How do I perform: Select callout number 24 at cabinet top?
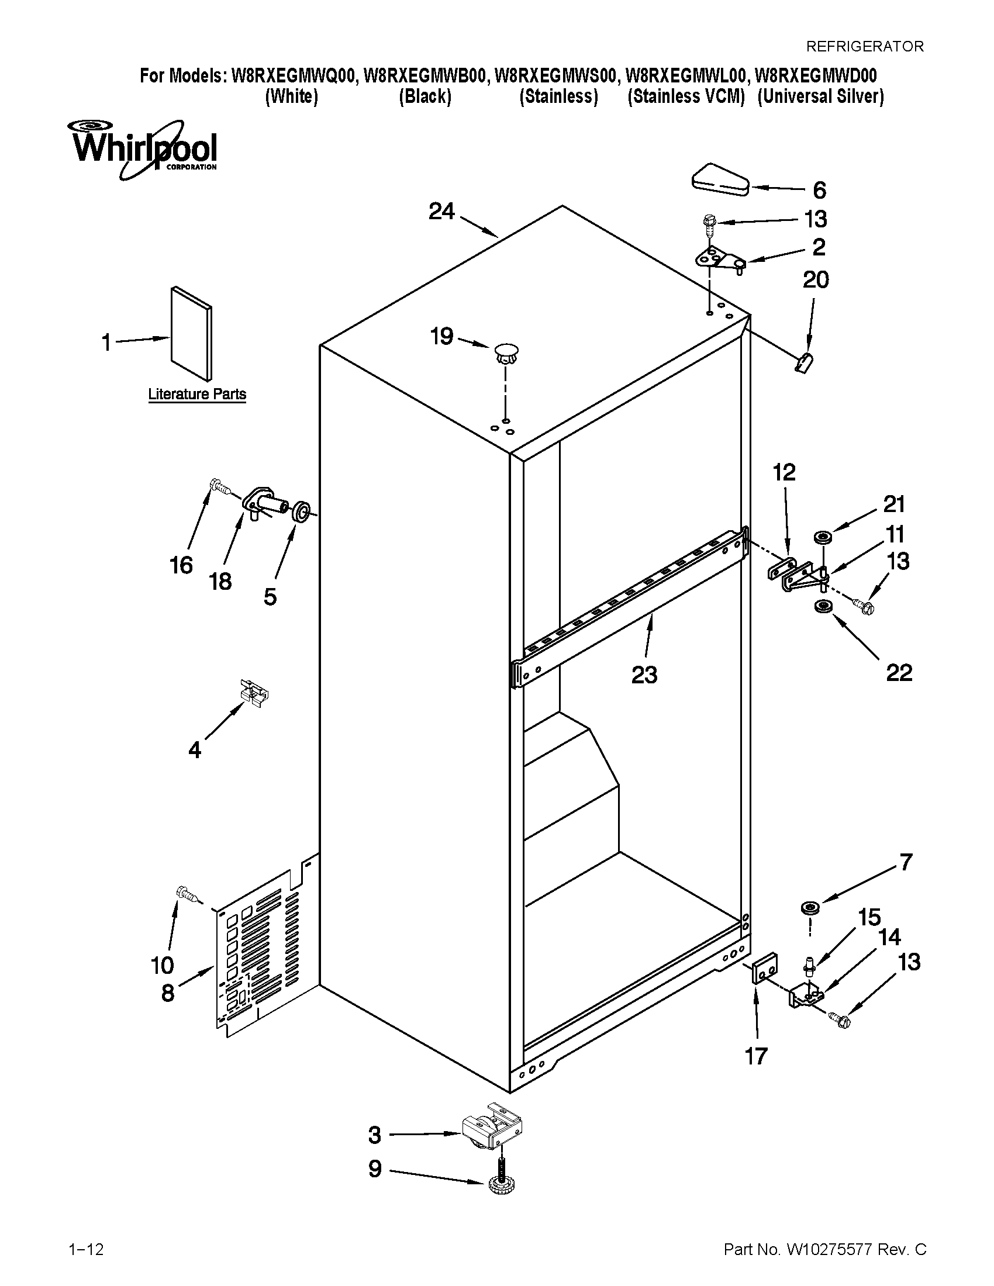click(x=441, y=212)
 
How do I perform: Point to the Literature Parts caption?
click(x=196, y=394)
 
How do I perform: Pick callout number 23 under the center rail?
click(x=644, y=674)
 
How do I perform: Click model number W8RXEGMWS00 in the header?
click(x=556, y=76)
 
